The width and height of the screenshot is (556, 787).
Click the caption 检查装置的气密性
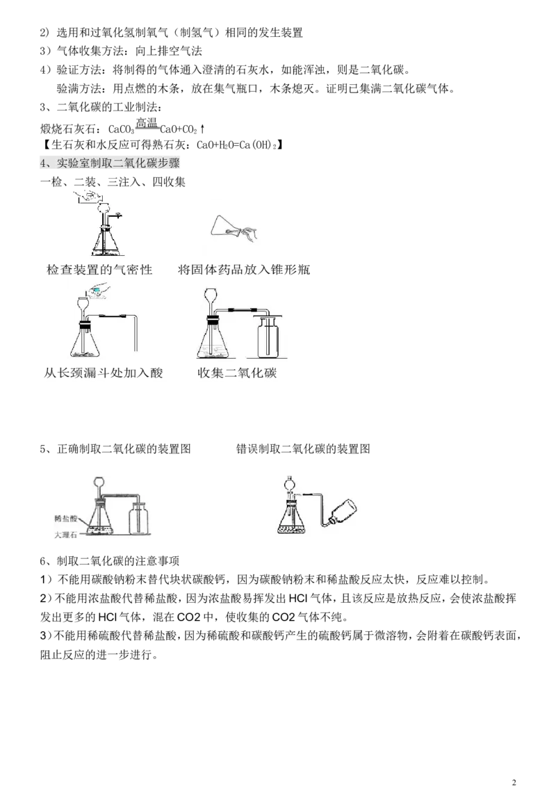coord(99,270)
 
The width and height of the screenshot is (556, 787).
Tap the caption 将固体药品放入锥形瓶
coord(244,270)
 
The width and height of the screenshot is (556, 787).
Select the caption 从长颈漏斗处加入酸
coord(104,373)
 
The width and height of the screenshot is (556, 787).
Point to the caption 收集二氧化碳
coord(238,373)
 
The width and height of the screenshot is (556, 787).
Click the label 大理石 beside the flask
coord(66,535)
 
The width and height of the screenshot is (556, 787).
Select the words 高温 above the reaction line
coord(147,123)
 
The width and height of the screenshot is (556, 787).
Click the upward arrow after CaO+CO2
coord(202,129)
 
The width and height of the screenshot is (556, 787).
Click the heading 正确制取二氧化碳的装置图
coord(124,448)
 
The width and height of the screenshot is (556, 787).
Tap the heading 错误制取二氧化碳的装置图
coord(303,448)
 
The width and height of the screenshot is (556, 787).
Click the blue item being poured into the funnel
coord(97,290)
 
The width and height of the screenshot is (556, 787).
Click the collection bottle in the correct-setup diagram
coord(138,521)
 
